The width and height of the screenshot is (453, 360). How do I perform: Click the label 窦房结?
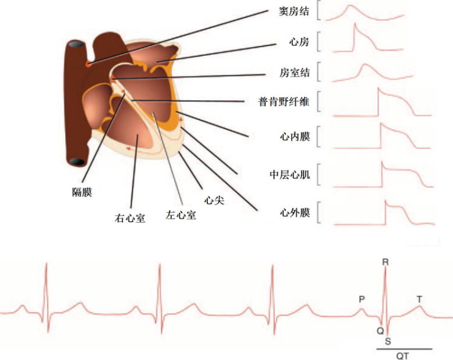pyautogui.click(x=294, y=12)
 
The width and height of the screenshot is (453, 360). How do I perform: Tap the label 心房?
pyautogui.click(x=299, y=42)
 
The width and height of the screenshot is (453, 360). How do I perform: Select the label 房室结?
pyautogui.click(x=295, y=72)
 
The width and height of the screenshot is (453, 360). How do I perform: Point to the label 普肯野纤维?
pyautogui.click(x=284, y=102)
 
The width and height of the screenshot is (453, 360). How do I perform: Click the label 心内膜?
pyautogui.click(x=295, y=136)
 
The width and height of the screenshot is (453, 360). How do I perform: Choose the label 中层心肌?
pyautogui.click(x=290, y=175)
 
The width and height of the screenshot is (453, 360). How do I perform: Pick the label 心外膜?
pyautogui.click(x=295, y=213)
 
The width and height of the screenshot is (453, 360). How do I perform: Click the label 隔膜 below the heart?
pyautogui.click(x=82, y=192)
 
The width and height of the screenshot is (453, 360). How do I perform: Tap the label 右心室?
pyautogui.click(x=130, y=218)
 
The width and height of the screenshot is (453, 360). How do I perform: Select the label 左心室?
pyautogui.click(x=181, y=215)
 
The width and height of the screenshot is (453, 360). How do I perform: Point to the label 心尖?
pyautogui.click(x=214, y=200)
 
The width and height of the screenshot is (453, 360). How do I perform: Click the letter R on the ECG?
pyautogui.click(x=385, y=262)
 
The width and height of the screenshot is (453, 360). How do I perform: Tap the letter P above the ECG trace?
pyautogui.click(x=362, y=299)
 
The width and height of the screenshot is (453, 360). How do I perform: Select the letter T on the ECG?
pyautogui.click(x=419, y=299)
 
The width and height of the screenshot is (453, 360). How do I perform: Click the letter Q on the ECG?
pyautogui.click(x=380, y=331)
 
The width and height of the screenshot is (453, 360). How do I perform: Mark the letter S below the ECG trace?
pyautogui.click(x=388, y=341)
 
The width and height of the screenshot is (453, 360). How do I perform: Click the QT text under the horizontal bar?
pyautogui.click(x=402, y=356)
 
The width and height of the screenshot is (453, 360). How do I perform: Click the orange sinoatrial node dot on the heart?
pyautogui.click(x=89, y=64)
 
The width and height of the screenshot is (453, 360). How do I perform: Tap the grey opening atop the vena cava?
pyautogui.click(x=76, y=44)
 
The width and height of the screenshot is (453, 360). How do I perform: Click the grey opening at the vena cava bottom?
pyautogui.click(x=77, y=162)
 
